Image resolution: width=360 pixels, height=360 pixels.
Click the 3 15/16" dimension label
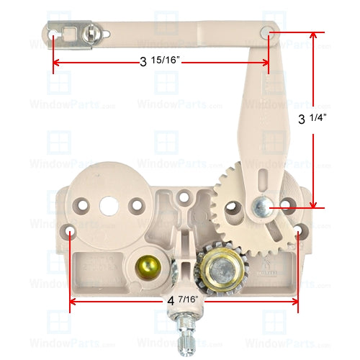coord(159,62)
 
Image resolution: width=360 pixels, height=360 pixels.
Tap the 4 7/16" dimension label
coord(181,297)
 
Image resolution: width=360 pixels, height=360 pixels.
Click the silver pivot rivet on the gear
coord(260,207)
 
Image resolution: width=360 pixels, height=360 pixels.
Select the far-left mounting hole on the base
coord(71,233)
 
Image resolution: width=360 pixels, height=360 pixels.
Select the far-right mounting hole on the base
coord(298,233)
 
